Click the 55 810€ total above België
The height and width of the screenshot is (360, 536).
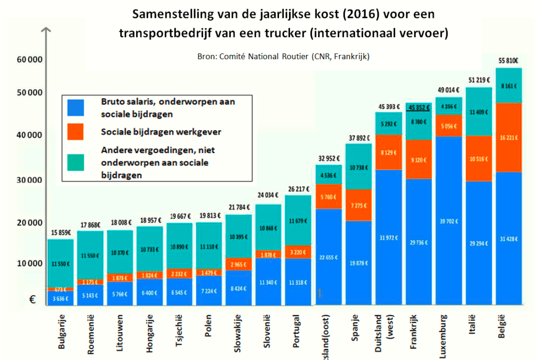pos(508,61)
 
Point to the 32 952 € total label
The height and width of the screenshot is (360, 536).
pos(328,158)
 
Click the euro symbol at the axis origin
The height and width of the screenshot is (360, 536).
pos(33,300)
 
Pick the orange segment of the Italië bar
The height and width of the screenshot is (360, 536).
pos(478,158)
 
